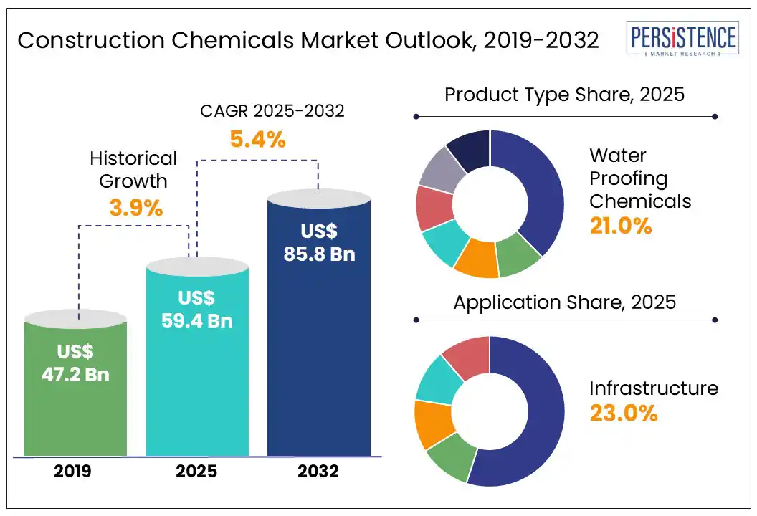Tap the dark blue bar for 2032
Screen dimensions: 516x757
[319, 358]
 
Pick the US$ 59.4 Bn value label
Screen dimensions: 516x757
[198, 309]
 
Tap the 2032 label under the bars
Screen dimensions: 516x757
[319, 472]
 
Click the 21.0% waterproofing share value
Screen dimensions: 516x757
[621, 226]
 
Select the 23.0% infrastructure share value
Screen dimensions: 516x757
[624, 414]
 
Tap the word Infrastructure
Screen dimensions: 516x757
[653, 388]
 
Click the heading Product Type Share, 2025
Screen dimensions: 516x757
[565, 95]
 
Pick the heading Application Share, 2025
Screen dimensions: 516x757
[565, 302]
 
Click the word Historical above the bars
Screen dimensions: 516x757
[133, 158]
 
